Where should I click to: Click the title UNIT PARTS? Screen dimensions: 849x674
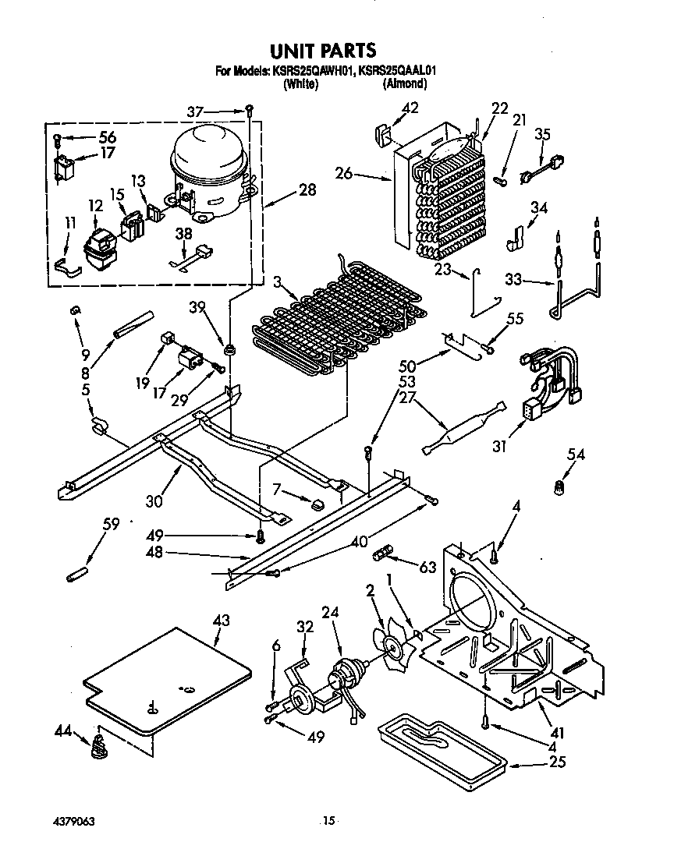click(x=323, y=51)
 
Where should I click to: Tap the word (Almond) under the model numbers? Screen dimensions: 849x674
click(x=404, y=83)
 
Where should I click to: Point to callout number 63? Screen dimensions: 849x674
click(x=427, y=568)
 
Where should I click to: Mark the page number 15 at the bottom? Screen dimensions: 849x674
click(x=328, y=820)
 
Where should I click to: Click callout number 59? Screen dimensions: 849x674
click(x=112, y=524)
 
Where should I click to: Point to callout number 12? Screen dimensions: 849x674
click(x=95, y=206)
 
